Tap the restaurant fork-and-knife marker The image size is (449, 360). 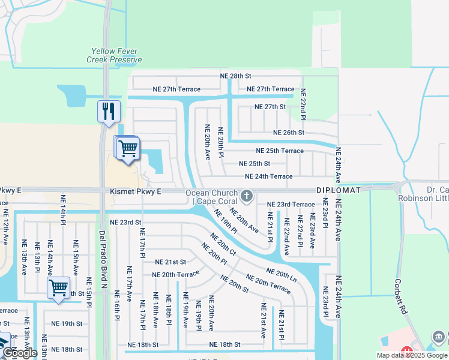click(109, 111)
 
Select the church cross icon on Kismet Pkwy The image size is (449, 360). click(246, 196)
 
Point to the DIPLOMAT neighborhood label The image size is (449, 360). click(339, 190)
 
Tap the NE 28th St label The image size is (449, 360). click(235, 76)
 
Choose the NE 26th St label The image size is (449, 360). click(289, 133)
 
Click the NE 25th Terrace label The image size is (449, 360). click(280, 151)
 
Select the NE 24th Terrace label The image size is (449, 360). click(268, 176)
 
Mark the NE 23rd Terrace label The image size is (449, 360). click(291, 205)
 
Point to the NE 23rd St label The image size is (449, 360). click(125, 222)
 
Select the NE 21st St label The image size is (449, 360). click(170, 262)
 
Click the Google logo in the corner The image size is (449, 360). click(20, 353)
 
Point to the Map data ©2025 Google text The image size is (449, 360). click(411, 355)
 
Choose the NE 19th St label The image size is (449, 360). click(67, 323)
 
